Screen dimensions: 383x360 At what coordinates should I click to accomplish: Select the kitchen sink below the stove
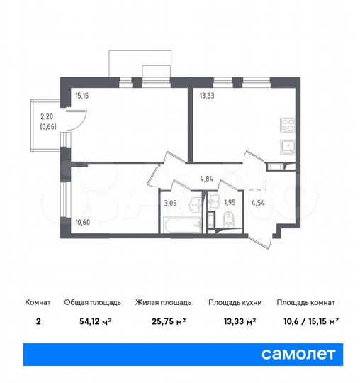click(x=288, y=147)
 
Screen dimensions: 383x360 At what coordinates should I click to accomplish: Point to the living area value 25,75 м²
click(x=161, y=321)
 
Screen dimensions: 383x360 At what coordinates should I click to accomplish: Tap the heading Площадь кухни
click(x=235, y=302)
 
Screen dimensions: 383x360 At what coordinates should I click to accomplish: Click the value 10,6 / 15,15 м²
click(x=307, y=321)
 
